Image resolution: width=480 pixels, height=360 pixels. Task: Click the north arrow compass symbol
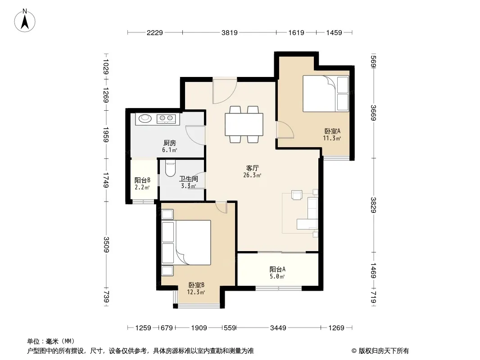tap(25, 21)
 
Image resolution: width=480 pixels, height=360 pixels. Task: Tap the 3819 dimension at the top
tap(229, 32)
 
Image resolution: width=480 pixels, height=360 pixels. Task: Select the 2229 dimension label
tap(154, 32)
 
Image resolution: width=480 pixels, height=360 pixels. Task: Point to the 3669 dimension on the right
tap(373, 112)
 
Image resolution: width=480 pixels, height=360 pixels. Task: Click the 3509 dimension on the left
tap(106, 245)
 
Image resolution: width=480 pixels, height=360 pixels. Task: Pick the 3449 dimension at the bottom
tap(278, 328)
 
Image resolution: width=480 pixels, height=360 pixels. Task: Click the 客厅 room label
tap(253, 168)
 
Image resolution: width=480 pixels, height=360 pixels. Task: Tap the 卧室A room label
tap(332, 131)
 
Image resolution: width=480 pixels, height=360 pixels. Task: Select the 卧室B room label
tap(196, 285)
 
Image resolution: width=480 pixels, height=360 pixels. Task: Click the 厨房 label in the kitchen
tap(170, 143)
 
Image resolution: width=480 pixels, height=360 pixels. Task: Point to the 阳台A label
tap(277, 269)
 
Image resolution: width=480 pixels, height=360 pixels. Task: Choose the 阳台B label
tap(142, 180)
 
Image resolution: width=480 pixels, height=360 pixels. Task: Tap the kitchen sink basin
tap(145, 118)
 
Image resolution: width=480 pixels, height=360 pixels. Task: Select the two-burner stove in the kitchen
tap(166, 118)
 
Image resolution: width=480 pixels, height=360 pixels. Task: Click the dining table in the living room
tap(244, 125)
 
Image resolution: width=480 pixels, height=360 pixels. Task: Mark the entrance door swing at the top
tap(225, 91)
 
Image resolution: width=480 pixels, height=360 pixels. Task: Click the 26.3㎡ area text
tap(252, 175)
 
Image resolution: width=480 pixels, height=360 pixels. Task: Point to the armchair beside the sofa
tap(297, 195)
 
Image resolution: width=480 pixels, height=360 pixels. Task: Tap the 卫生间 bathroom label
tap(189, 179)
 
